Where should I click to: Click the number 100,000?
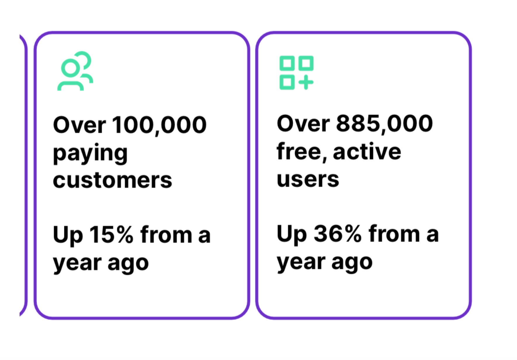[x=159, y=125]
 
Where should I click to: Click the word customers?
[x=113, y=180]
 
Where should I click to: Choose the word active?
[x=367, y=152]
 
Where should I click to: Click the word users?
[x=308, y=179]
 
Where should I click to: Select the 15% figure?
[x=111, y=234]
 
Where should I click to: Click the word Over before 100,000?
[x=79, y=125]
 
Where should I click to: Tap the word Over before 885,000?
[x=303, y=124]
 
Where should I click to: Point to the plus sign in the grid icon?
[x=306, y=82]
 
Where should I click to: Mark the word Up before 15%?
[x=68, y=235]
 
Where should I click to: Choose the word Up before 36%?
[x=292, y=234]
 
